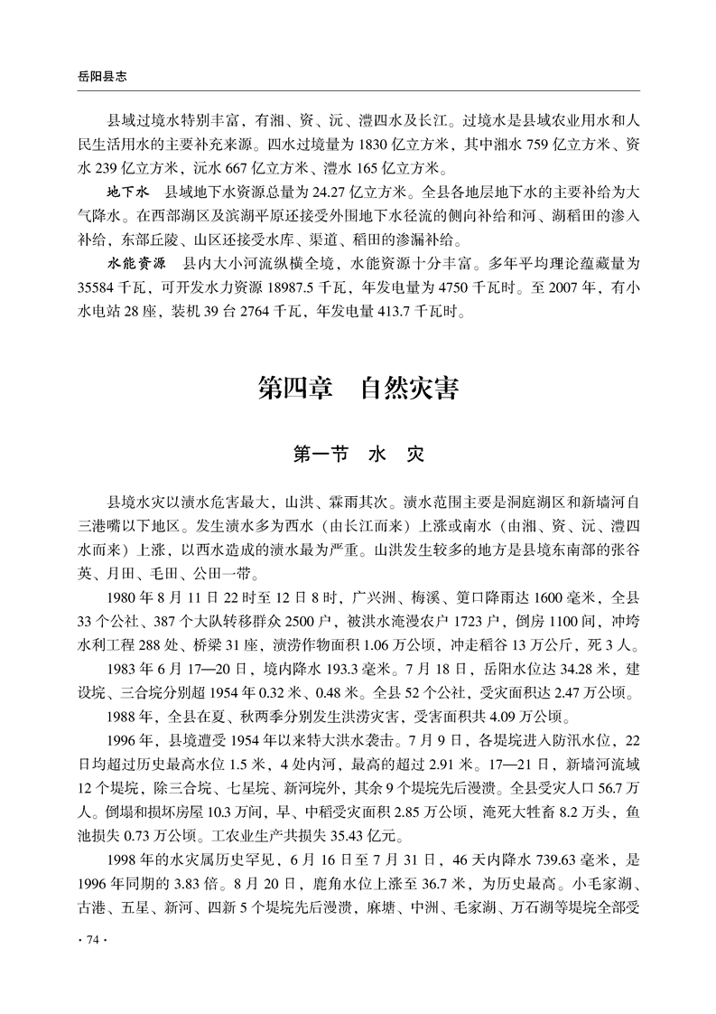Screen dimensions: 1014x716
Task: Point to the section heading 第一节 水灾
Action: point(358,454)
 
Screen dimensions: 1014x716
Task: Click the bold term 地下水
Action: point(126,192)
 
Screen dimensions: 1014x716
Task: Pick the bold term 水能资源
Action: point(136,266)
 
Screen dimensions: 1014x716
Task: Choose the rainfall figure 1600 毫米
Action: point(525,597)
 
